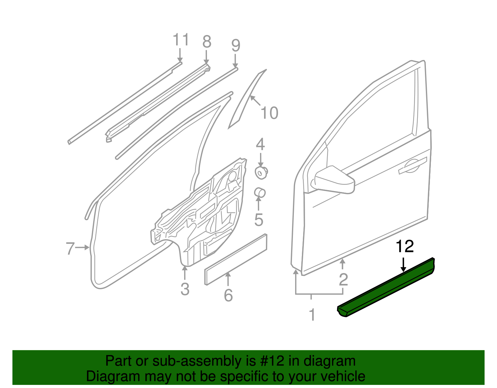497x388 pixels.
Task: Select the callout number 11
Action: click(181, 40)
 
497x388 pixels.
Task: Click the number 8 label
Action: click(207, 42)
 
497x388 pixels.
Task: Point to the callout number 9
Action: click(236, 46)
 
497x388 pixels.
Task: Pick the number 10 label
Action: click(269, 113)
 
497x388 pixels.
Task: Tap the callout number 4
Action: click(260, 144)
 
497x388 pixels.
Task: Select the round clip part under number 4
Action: click(261, 173)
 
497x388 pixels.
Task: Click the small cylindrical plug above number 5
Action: click(260, 193)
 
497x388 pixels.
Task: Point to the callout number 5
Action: click(258, 220)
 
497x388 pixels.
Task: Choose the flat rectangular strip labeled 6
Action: click(235, 259)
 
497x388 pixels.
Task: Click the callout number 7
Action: click(70, 249)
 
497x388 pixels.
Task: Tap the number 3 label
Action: click(185, 289)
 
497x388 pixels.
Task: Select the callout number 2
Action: click(343, 280)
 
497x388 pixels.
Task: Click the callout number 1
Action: click(312, 315)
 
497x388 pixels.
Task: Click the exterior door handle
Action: click(413, 166)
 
